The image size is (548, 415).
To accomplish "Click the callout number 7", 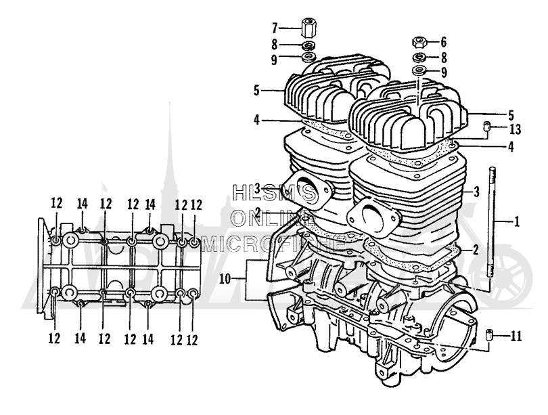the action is (275, 28).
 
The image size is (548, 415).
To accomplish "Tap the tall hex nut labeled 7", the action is (306, 28).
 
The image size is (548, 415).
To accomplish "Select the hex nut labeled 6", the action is (419, 43).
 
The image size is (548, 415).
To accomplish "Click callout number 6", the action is (444, 43).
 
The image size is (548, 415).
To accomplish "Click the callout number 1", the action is (517, 221).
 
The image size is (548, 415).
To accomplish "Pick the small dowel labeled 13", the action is (486, 126).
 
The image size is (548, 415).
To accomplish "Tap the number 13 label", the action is (515, 129).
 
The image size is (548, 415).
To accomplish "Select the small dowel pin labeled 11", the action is (489, 336).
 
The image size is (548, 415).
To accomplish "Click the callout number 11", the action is (516, 336).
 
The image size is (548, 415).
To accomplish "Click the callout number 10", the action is (225, 279).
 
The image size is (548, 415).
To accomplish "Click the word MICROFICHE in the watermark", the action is (273, 244).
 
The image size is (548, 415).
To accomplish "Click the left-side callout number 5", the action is (257, 91).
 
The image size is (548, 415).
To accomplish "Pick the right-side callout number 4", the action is (511, 147).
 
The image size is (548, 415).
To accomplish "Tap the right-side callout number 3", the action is (476, 192).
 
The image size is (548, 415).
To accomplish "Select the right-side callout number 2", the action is (476, 250).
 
